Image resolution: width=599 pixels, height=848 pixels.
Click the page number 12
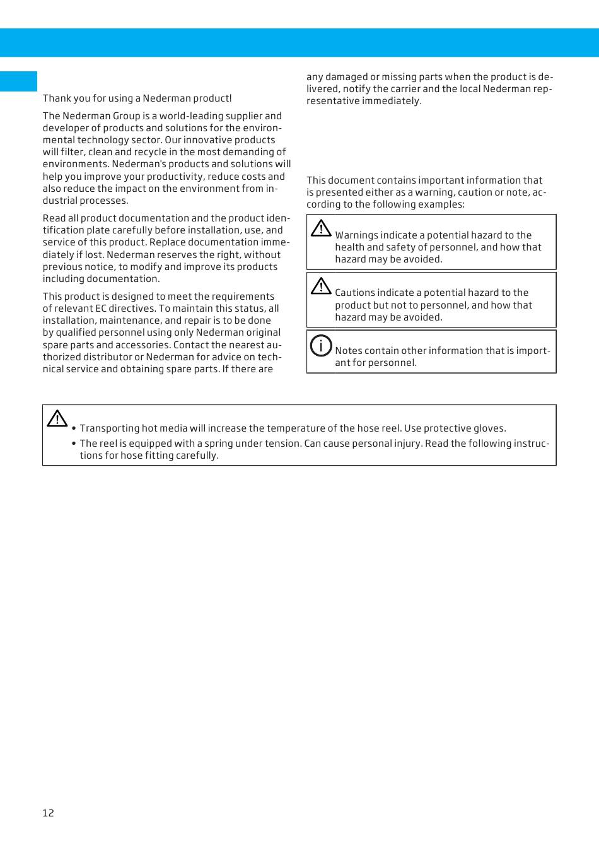click(x=49, y=813)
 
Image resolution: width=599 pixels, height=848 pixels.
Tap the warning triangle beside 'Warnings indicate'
click(x=321, y=228)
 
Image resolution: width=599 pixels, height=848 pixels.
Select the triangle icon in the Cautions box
click(x=321, y=286)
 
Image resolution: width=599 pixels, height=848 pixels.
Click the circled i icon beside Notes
click(x=321, y=345)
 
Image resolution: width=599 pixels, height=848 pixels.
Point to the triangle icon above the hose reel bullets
click(x=57, y=418)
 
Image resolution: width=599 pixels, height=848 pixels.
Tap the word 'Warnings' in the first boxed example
click(x=356, y=235)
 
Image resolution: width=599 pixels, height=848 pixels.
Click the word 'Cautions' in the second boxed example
click(x=355, y=293)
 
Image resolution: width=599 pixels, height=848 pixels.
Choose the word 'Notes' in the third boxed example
click(x=348, y=351)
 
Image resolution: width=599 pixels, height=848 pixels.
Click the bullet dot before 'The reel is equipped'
click(x=74, y=444)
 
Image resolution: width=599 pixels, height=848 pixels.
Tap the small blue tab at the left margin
click(x=18, y=81)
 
